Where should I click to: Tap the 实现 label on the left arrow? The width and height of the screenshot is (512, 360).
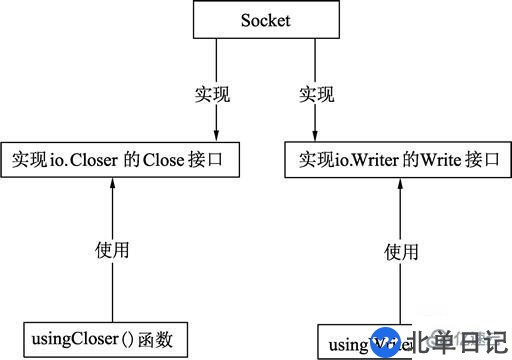click(x=212, y=96)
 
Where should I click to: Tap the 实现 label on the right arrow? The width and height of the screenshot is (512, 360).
click(x=317, y=96)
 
